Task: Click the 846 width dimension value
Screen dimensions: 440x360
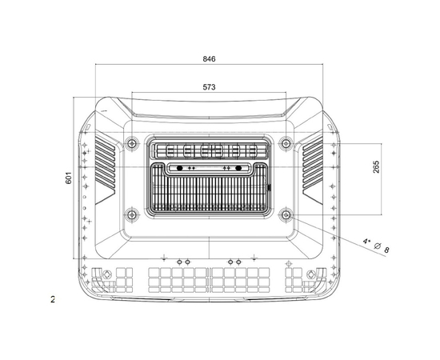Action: [209, 59]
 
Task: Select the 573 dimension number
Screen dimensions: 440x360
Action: [209, 87]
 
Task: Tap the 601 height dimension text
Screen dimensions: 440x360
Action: [69, 178]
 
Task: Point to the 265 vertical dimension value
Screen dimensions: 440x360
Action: [376, 166]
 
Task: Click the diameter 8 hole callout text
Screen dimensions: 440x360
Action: [376, 246]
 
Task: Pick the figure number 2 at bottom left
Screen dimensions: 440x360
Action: [53, 299]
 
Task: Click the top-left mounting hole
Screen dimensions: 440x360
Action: [132, 143]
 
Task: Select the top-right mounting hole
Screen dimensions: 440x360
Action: [286, 143]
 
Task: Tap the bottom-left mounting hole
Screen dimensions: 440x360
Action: [132, 215]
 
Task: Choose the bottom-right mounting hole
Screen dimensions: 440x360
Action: [286, 215]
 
